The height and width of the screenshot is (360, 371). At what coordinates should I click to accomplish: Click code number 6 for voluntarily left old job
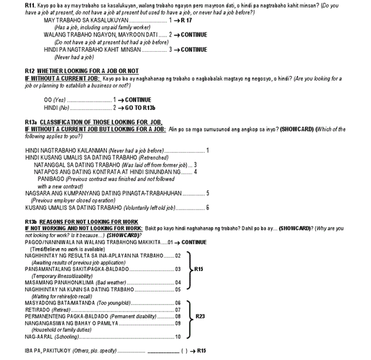click(207, 207)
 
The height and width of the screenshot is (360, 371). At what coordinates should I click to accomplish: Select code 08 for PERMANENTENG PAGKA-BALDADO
click(178, 317)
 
